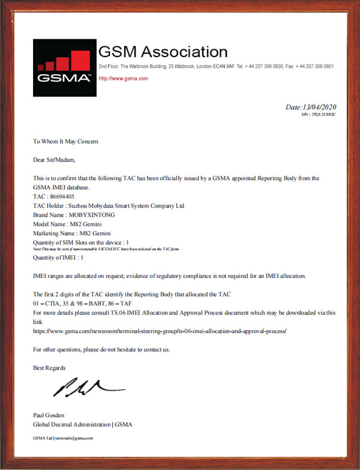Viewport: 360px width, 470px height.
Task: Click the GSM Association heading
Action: click(163, 52)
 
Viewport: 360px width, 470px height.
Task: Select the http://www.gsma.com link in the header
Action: click(123, 79)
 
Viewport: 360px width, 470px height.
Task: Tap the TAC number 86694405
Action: click(62, 196)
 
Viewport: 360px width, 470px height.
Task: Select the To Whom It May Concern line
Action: click(65, 142)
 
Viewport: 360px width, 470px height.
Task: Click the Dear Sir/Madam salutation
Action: click(55, 160)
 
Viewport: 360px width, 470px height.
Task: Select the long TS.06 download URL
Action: click(160, 331)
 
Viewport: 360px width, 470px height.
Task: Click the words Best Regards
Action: click(49, 367)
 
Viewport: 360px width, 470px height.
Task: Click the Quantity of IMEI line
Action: click(58, 258)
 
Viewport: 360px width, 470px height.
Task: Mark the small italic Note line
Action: click(106, 249)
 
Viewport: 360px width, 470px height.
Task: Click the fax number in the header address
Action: click(317, 66)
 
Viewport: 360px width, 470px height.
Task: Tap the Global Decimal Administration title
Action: click(82, 424)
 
